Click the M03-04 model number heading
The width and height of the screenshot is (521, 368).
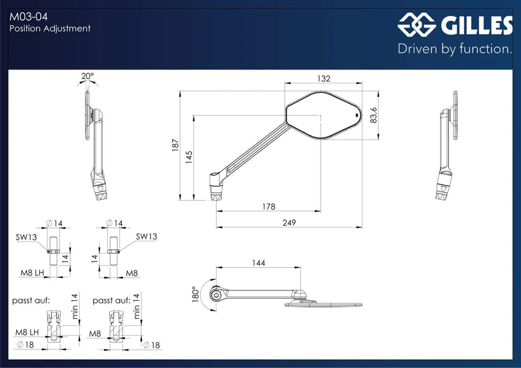point(28,17)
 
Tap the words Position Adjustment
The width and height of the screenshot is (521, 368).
point(50,28)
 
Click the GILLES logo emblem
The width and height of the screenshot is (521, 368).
point(417,24)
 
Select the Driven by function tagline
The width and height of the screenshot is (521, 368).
point(455,49)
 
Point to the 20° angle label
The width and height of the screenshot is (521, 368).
point(88,76)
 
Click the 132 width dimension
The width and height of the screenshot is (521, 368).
point(324,78)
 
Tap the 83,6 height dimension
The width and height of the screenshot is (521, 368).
point(374,115)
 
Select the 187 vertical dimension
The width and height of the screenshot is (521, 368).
point(175,145)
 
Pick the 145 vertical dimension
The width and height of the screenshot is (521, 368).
point(189,157)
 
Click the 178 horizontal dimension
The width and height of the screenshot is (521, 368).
point(269,207)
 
